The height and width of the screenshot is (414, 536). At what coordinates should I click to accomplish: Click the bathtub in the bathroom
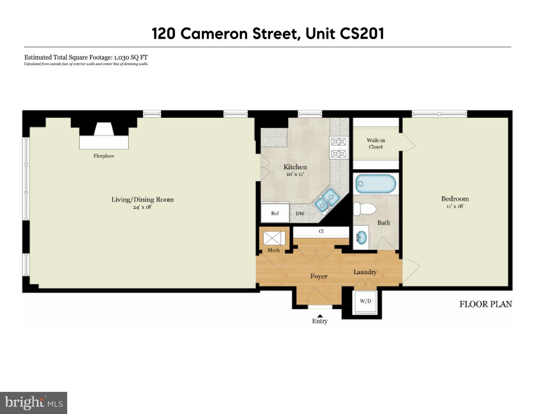tap(375, 184)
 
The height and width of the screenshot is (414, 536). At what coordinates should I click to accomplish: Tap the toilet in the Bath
tap(365, 209)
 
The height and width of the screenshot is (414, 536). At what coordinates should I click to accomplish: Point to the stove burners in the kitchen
tap(339, 148)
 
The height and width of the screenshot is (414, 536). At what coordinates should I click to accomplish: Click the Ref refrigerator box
tap(275, 213)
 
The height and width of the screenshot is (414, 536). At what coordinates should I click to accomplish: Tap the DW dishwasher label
tap(300, 214)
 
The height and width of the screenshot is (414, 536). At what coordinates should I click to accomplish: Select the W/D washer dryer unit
tap(366, 301)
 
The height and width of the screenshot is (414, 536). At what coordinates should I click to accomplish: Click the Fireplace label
tap(104, 156)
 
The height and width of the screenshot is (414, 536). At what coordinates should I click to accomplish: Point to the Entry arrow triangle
tap(320, 316)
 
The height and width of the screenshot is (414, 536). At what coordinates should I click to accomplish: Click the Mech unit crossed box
tap(272, 238)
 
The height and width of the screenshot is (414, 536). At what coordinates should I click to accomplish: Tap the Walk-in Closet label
tap(376, 143)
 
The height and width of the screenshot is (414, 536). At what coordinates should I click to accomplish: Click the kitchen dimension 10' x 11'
tap(295, 174)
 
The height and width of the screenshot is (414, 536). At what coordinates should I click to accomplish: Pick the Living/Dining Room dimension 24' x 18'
tap(142, 207)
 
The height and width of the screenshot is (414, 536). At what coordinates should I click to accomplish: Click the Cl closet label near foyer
tap(321, 231)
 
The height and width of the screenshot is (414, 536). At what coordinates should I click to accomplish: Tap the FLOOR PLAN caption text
tap(486, 304)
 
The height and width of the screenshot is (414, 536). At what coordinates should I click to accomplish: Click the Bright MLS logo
tap(33, 403)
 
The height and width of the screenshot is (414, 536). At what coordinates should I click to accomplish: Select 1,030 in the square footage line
tap(121, 57)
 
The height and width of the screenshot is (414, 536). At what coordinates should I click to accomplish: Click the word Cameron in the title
tap(214, 34)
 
